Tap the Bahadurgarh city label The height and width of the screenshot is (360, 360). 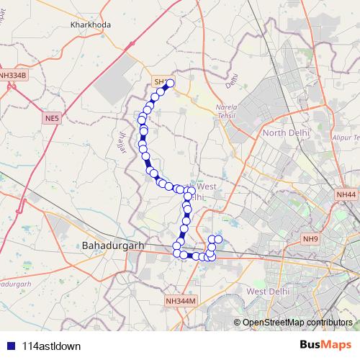point(114,246)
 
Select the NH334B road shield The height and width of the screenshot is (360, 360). point(13,75)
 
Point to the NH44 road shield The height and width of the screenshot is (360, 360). point(346,194)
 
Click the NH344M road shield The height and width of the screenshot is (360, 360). point(180,300)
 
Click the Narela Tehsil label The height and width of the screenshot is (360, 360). point(226,111)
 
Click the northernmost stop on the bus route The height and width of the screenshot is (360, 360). point(171,84)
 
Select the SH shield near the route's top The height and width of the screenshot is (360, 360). point(160,81)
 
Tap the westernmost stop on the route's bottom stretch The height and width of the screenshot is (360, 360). point(176,247)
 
